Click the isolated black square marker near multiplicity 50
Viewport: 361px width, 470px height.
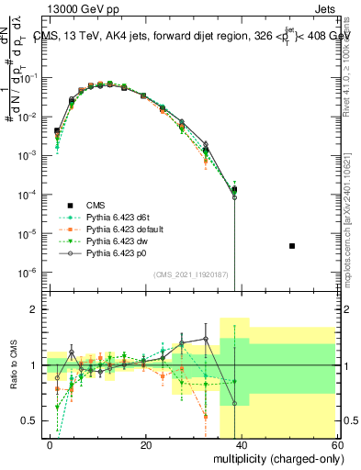point(291,246)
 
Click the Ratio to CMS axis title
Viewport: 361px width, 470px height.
point(13,365)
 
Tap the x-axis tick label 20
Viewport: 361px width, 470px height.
point(146,444)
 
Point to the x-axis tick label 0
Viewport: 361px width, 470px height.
point(51,444)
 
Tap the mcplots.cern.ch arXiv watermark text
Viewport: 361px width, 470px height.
point(351,229)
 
